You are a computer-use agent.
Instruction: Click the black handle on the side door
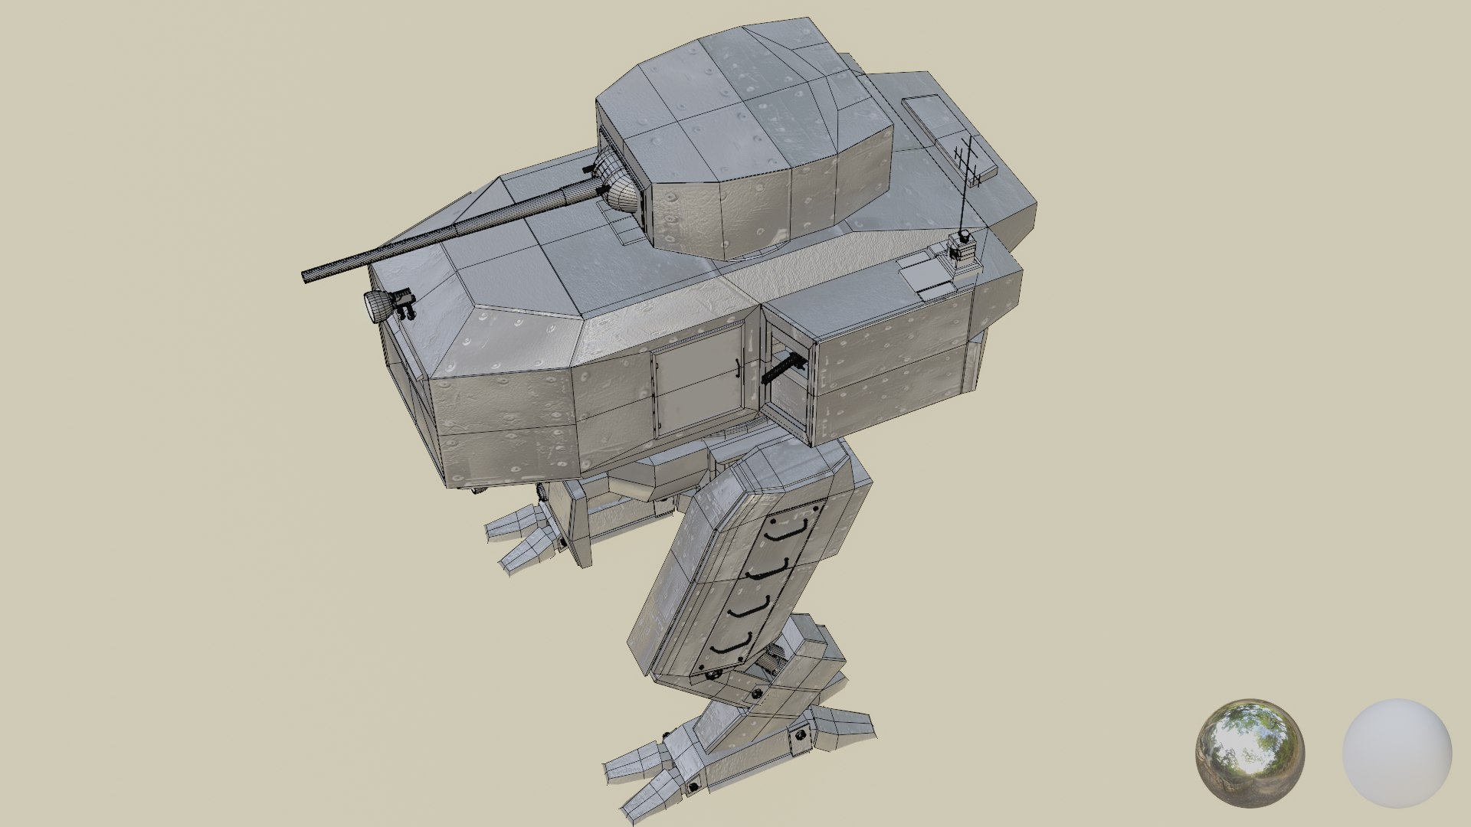[x=737, y=370]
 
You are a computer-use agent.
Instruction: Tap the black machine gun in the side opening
[x=785, y=368]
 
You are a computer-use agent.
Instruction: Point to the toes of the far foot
[x=521, y=540]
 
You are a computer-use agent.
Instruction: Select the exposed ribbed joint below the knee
[x=774, y=659]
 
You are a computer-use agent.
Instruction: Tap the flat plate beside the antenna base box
[x=925, y=276]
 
